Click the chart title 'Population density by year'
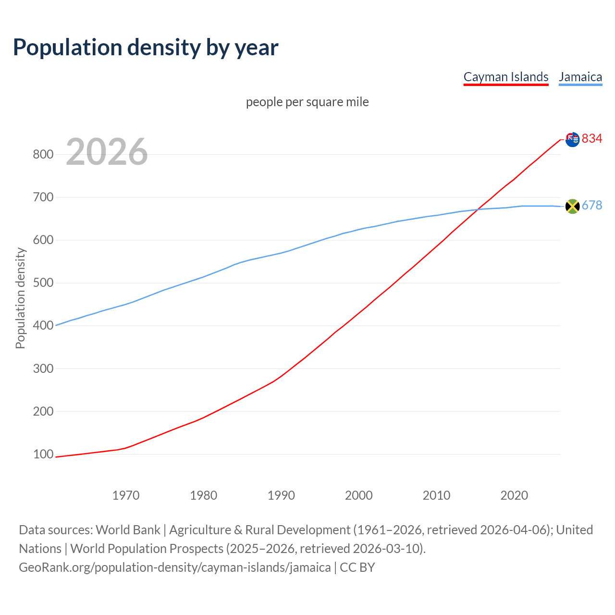coord(146,47)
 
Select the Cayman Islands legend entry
coord(505,77)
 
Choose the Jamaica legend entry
coord(580,77)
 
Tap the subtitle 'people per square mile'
coord(307,102)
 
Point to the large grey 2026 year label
coord(107,152)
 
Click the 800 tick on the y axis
coord(43,154)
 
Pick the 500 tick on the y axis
coord(43,283)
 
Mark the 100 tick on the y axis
coord(43,454)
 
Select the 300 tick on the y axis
coord(43,369)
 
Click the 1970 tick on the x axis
coord(126,495)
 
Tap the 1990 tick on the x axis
coord(281,495)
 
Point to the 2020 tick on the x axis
coord(514,495)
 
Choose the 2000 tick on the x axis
coord(359,495)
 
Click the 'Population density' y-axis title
coord(20,298)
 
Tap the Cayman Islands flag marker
coord(572,139)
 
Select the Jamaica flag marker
coord(572,206)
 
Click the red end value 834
coord(592,138)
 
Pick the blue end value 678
coord(592,205)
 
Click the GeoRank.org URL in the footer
coord(175,567)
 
